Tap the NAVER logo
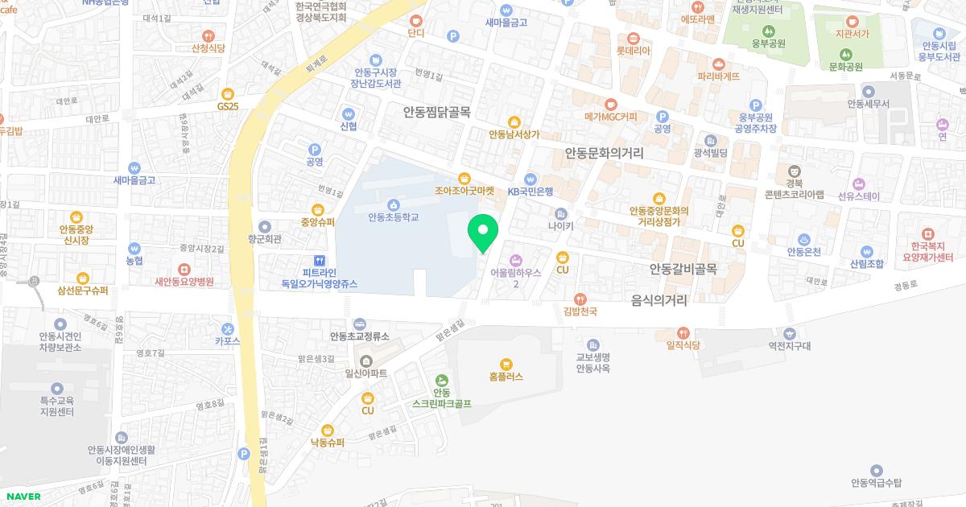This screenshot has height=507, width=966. (x=23, y=497)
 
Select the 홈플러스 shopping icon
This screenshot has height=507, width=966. (x=506, y=364)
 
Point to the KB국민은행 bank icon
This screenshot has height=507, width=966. (x=530, y=179)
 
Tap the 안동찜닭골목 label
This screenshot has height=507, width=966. (x=436, y=113)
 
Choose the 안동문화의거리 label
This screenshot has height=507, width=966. (x=604, y=151)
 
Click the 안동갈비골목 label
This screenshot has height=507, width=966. (x=683, y=268)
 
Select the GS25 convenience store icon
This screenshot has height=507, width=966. (x=228, y=94)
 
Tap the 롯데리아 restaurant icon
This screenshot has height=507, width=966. (x=633, y=37)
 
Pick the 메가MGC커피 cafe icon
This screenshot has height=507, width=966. (x=611, y=104)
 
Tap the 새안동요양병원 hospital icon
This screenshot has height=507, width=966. (x=184, y=270)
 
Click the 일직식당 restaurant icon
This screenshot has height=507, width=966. (x=683, y=332)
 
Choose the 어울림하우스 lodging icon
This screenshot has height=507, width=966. (x=516, y=260)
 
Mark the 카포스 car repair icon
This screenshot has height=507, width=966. (x=228, y=328)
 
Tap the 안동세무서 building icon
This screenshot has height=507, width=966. (x=867, y=90)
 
